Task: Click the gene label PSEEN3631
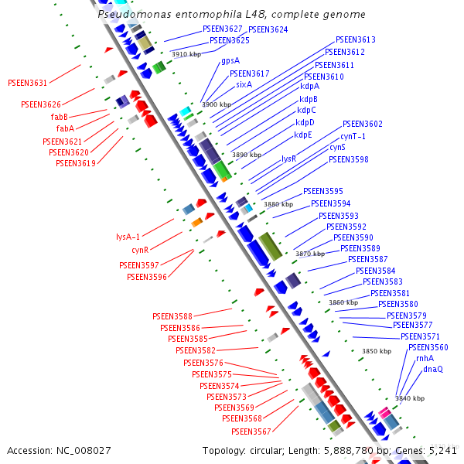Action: click(x=27, y=83)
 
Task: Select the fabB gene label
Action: click(x=60, y=117)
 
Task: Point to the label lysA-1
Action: click(x=128, y=237)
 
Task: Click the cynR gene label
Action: click(x=140, y=250)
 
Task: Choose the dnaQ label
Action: click(x=432, y=369)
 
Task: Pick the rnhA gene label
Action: click(x=425, y=358)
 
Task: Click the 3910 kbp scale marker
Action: click(x=186, y=55)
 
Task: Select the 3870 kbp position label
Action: click(x=309, y=254)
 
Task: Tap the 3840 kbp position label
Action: click(x=409, y=398)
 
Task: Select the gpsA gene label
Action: click(x=230, y=60)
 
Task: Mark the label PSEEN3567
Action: click(x=251, y=432)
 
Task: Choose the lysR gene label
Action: click(x=288, y=159)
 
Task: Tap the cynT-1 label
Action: click(x=353, y=136)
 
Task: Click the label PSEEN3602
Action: click(x=362, y=124)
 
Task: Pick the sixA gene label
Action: click(x=244, y=84)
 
